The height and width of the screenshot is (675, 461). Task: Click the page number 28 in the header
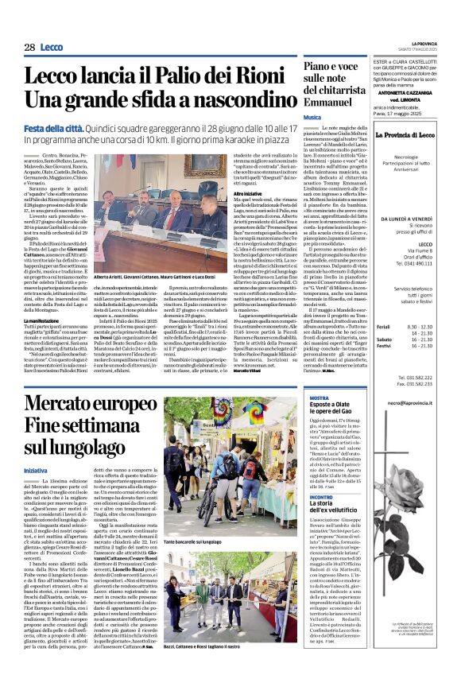pyautogui.click(x=29, y=47)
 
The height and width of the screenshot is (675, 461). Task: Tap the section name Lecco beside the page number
pyautogui.click(x=55, y=47)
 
